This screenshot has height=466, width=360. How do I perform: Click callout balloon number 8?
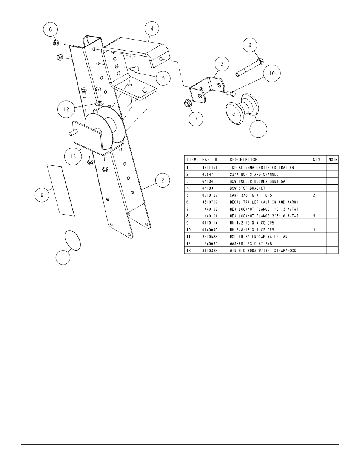point(51,29)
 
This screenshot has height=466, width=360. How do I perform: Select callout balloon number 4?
point(152,29)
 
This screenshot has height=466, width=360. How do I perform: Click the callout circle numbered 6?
point(42,195)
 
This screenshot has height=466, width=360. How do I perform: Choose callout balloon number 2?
point(163,180)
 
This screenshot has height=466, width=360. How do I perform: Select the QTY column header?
point(316,160)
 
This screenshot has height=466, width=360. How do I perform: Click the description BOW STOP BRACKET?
point(247,188)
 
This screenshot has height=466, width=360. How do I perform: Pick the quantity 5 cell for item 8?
point(314,216)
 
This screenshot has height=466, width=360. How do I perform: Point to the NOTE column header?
point(333,160)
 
